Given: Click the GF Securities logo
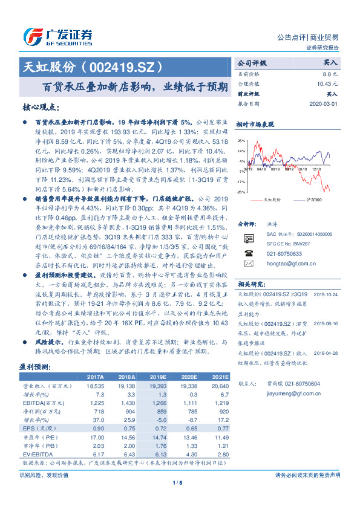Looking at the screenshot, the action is click(57, 36).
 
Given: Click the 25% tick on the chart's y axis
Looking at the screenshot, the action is click(241, 139).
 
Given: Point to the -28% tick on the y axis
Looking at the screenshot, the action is click(241, 192).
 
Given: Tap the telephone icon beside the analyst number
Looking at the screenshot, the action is click(247, 254).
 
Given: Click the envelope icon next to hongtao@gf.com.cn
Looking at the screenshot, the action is click(247, 264).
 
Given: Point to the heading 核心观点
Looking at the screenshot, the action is click(41, 107).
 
